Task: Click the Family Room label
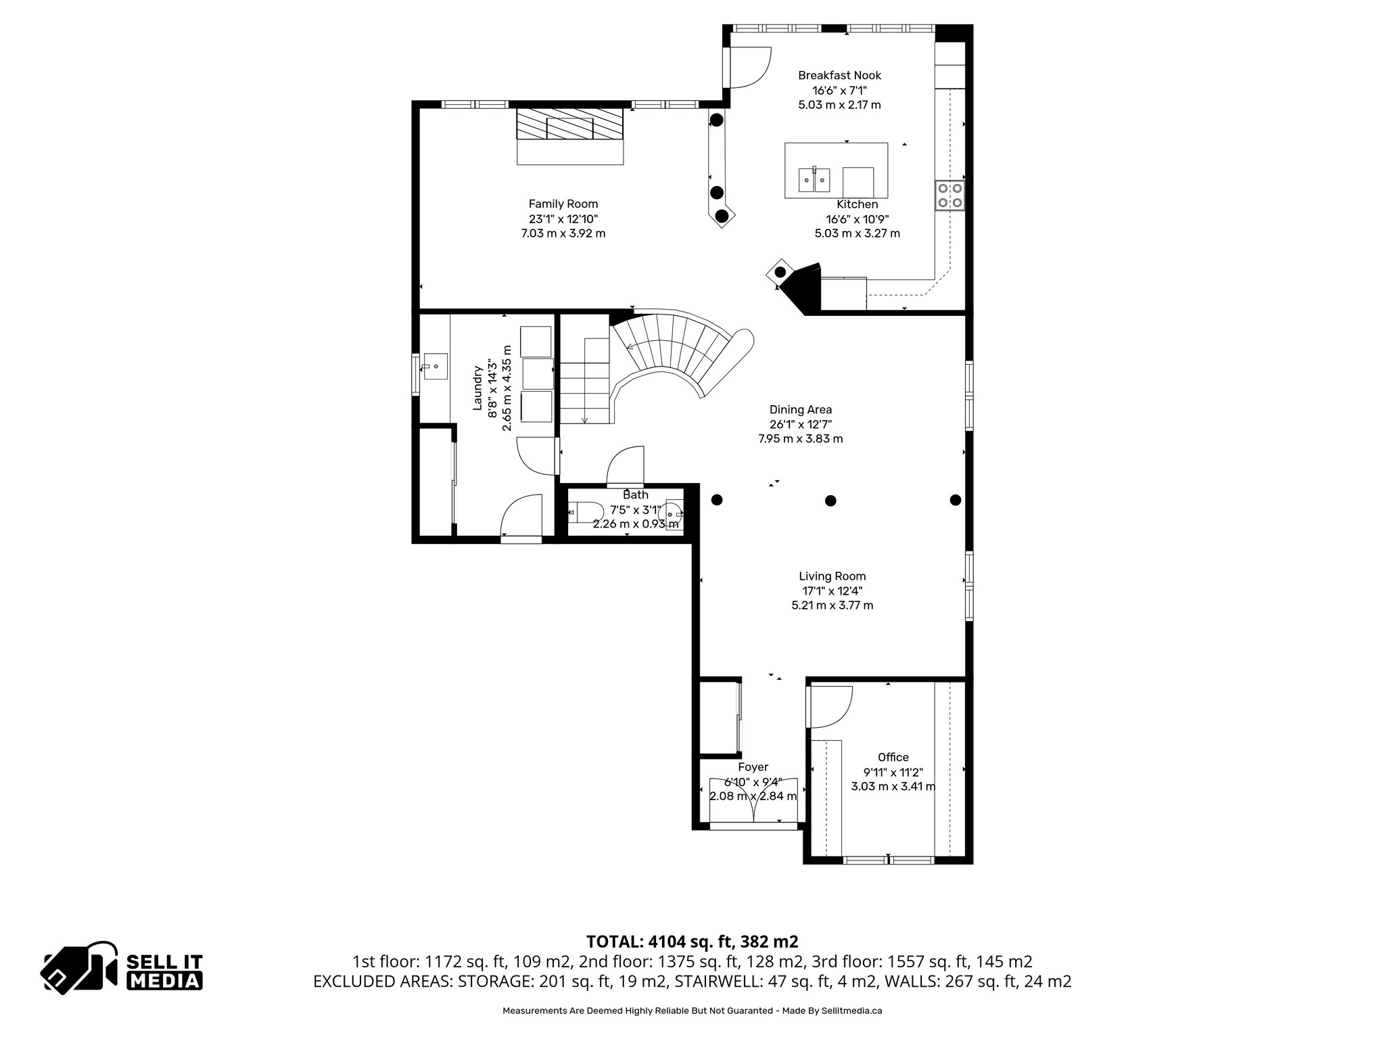pos(563,204)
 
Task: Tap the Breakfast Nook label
pos(839,75)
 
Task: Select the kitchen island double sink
pos(814,179)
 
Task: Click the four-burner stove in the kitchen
pos(949,195)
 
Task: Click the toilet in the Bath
pos(584,512)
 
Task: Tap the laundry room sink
pos(435,367)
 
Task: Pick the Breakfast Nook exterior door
pos(748,68)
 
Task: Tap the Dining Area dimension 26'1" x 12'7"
pos(800,424)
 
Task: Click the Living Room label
pos(832,576)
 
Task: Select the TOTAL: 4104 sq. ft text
pos(692,942)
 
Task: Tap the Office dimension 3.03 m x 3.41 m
pos(893,786)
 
